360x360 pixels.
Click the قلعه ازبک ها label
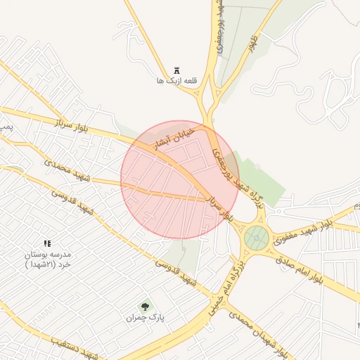(x=179, y=81)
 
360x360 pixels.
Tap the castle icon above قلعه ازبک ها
(x=176, y=70)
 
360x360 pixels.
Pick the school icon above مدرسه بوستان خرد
(x=47, y=243)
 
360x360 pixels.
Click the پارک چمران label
(x=145, y=318)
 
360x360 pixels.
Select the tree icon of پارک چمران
(x=146, y=306)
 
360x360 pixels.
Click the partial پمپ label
(x=6, y=127)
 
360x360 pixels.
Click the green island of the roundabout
(x=257, y=239)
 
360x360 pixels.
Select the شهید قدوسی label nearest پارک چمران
(x=174, y=275)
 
